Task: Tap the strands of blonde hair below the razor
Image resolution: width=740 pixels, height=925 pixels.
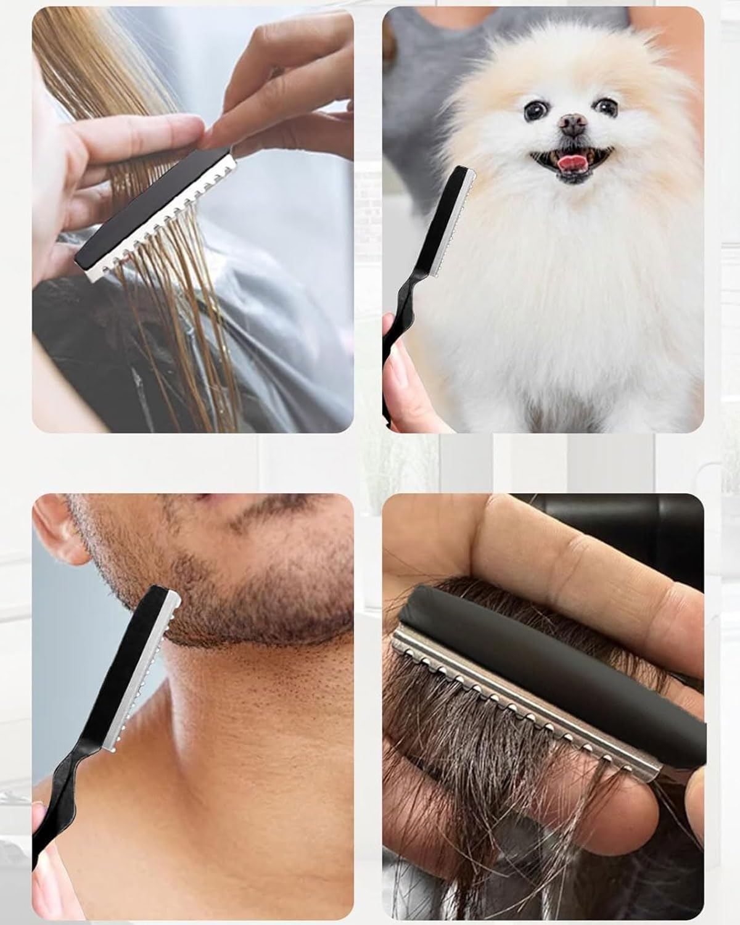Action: click(160, 321)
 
